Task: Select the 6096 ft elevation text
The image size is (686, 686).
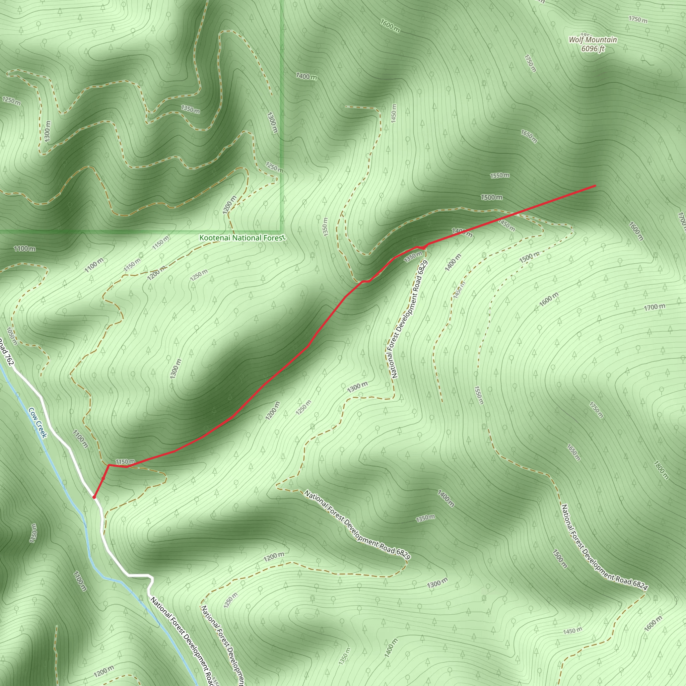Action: pyautogui.click(x=593, y=49)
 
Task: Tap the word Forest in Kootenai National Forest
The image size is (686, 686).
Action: pyautogui.click(x=273, y=237)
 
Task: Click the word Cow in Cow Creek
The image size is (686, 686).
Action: pyautogui.click(x=33, y=414)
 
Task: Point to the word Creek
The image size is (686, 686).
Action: pyautogui.click(x=41, y=429)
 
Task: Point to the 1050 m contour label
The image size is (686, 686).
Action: pyautogui.click(x=12, y=336)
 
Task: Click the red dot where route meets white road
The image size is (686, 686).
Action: pyautogui.click(x=94, y=497)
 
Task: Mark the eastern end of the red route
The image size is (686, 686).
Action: pyautogui.click(x=595, y=186)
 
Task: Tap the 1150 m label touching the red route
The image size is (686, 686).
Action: pyautogui.click(x=125, y=462)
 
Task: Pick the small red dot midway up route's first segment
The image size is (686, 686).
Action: pyautogui.click(x=103, y=478)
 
